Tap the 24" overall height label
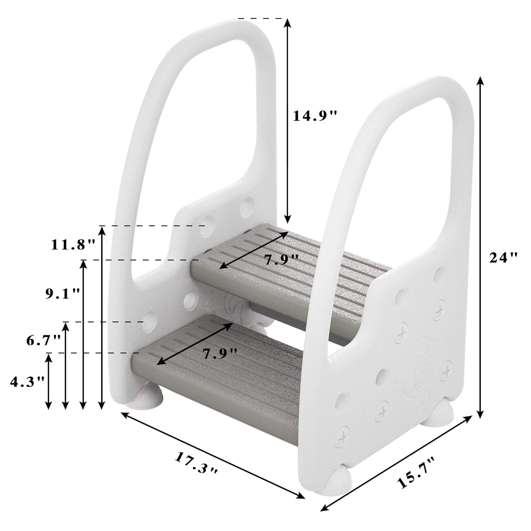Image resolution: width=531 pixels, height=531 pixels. [503, 257]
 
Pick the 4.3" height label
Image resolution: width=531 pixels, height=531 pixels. [28, 381]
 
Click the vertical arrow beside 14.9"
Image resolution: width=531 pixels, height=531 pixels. [287, 120]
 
